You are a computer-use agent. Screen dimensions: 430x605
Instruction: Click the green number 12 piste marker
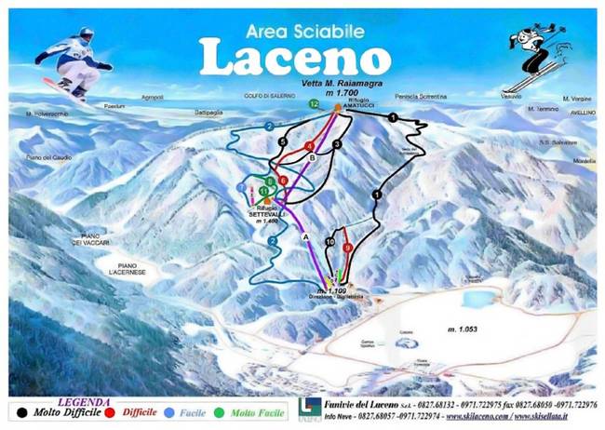[315, 103]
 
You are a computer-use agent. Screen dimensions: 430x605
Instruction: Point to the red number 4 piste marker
[308, 147]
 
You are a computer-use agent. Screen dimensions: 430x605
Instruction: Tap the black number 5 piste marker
[282, 141]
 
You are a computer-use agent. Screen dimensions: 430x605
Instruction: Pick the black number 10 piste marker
[330, 242]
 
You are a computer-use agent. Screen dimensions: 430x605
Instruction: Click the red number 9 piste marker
[347, 249]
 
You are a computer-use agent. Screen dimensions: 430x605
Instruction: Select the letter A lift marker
[304, 236]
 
